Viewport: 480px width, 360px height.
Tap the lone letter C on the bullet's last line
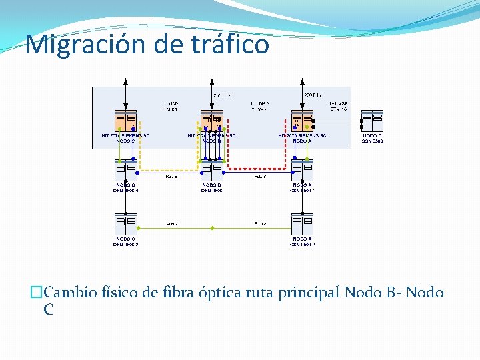point(49,309)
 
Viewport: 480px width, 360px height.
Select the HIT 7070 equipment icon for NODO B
point(211,121)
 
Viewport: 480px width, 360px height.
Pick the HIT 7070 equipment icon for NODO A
point(302,121)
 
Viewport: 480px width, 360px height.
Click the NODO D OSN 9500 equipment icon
point(372,121)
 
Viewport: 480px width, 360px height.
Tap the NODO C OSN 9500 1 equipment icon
point(125,170)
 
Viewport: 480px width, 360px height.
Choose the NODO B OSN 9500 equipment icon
point(211,170)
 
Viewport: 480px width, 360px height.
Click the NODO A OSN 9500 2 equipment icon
point(302,224)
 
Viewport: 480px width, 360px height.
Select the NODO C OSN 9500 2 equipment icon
point(125,224)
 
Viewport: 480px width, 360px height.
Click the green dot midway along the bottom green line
point(212,229)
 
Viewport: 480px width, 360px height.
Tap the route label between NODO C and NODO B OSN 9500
point(171,177)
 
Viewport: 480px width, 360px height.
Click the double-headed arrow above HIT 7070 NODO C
point(126,93)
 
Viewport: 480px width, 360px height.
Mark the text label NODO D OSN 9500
point(372,138)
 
